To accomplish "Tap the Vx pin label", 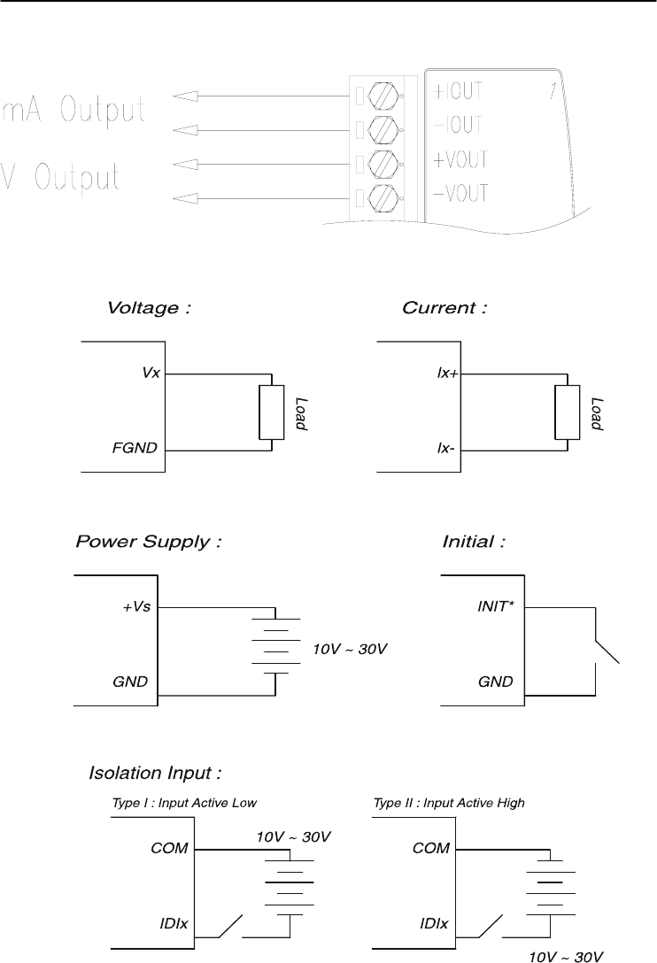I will (151, 374).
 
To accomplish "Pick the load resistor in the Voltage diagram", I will (271, 412).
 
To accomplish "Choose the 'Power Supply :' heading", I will (148, 542).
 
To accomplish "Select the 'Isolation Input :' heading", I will (155, 774).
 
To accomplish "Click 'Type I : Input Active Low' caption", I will (183, 803).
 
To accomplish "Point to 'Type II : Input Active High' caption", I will (450, 803).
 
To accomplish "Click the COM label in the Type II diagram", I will (431, 848).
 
